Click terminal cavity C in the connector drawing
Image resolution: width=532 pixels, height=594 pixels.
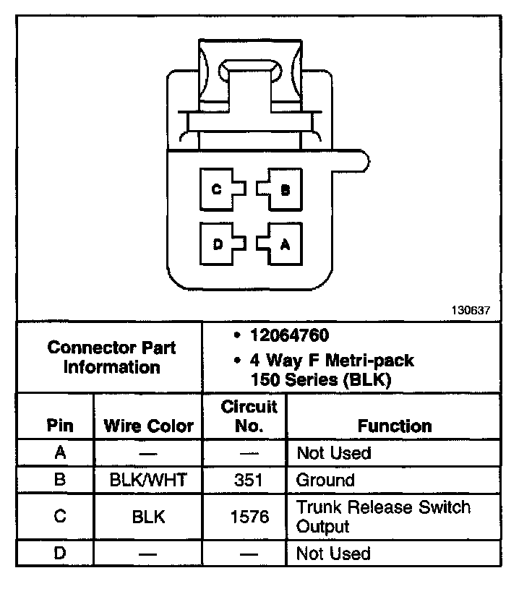[217, 189]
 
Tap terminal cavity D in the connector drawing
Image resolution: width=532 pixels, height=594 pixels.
[217, 244]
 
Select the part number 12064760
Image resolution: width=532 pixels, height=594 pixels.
[288, 335]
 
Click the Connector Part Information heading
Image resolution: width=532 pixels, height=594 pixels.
[111, 357]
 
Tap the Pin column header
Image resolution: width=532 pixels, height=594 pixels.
[59, 425]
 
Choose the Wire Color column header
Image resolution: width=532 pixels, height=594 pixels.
[148, 425]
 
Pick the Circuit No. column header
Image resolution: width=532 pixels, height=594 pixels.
[249, 416]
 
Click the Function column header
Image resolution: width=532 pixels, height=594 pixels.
[395, 426]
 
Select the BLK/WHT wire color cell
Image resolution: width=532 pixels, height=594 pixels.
[148, 480]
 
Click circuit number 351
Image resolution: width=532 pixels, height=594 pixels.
[249, 480]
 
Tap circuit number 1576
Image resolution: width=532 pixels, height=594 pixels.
[249, 517]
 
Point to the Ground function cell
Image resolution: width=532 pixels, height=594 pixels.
[325, 480]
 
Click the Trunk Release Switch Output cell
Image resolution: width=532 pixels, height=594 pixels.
[383, 517]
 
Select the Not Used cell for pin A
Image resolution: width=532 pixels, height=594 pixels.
[333, 453]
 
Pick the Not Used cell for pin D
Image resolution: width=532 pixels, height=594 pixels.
[333, 554]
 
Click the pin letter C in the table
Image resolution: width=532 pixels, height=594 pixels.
[59, 517]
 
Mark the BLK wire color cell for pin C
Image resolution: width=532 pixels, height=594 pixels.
[148, 517]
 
